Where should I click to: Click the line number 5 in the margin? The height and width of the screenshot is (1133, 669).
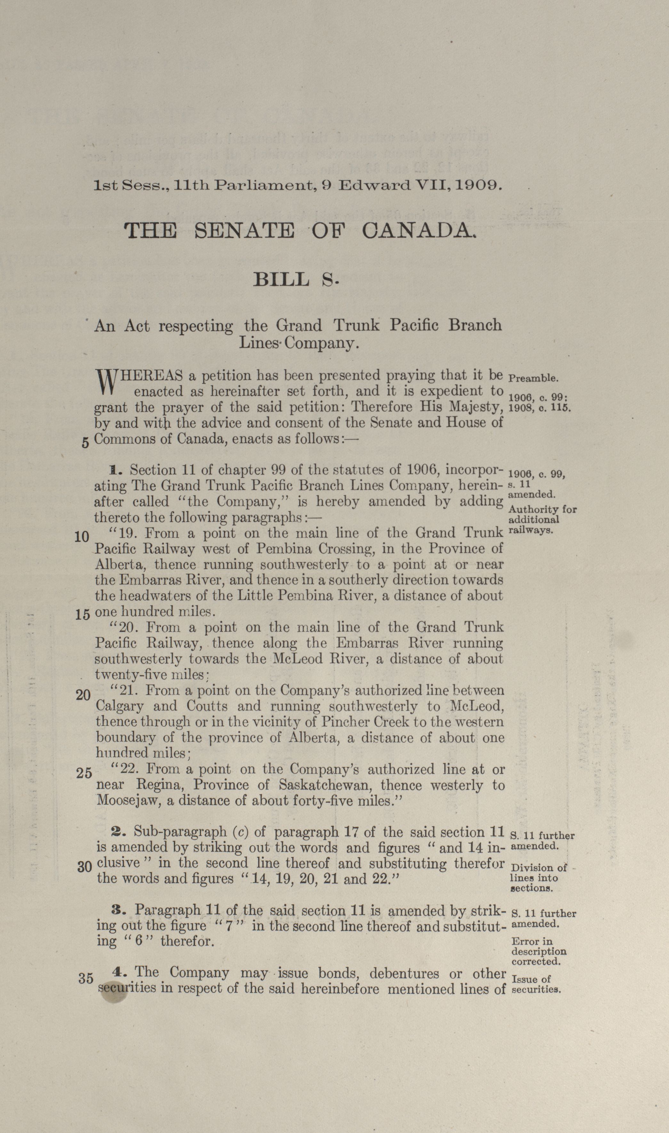(x=85, y=443)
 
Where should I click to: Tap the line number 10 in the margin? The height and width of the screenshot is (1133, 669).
(x=81, y=537)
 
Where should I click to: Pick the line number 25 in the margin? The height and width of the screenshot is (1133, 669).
(x=84, y=773)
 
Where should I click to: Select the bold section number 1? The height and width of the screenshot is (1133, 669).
(x=114, y=470)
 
